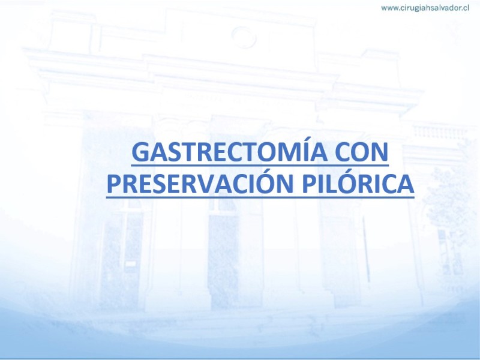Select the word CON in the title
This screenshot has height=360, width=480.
[x=362, y=152]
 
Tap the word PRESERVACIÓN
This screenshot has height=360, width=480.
[x=200, y=183]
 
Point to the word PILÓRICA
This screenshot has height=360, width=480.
[x=358, y=183]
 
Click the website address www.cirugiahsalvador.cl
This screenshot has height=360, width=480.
[x=425, y=8]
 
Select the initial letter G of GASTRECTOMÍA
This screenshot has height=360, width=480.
[x=142, y=152]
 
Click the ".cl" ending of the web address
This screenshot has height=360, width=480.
[x=465, y=8]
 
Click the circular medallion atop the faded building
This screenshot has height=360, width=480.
[x=244, y=37]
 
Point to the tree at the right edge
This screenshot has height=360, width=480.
[x=452, y=208]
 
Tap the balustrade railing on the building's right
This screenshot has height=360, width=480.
[x=439, y=131]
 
